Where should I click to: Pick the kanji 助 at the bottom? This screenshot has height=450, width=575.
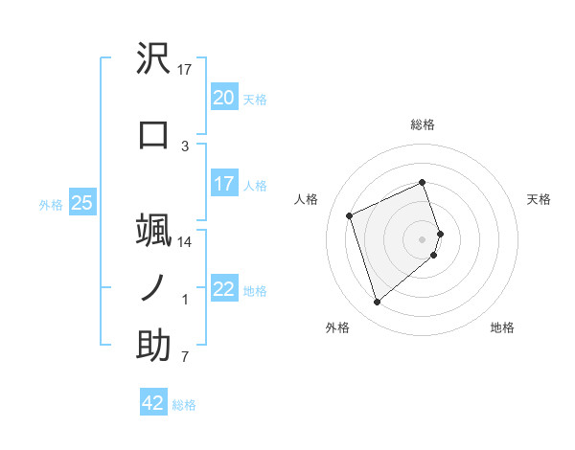click(154, 347)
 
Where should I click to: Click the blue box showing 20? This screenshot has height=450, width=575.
click(223, 98)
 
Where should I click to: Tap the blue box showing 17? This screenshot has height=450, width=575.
click(223, 184)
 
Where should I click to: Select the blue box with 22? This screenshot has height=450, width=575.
click(223, 289)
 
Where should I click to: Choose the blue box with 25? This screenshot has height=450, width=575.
click(81, 203)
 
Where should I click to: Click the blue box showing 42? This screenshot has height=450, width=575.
click(153, 403)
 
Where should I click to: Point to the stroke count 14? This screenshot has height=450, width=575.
click(185, 242)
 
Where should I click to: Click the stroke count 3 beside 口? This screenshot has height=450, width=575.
click(185, 146)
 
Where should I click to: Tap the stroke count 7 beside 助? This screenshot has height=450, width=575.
click(185, 358)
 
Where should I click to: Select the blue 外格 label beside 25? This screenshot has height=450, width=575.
click(50, 204)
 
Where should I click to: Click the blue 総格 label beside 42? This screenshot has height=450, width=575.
click(184, 405)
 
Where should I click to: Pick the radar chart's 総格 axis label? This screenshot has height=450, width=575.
click(423, 124)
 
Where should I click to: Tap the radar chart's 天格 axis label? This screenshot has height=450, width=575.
click(539, 199)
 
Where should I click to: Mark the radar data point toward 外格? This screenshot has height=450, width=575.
click(377, 303)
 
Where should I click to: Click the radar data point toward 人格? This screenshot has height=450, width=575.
click(351, 215)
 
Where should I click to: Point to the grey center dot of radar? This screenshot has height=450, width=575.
click(423, 237)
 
